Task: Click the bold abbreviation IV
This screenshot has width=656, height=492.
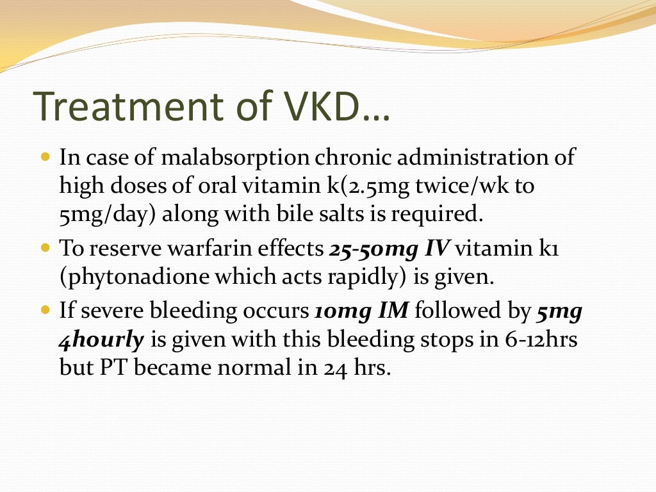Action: pyautogui.click(x=437, y=249)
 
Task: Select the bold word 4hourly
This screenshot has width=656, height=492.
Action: pyautogui.click(x=101, y=340)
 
